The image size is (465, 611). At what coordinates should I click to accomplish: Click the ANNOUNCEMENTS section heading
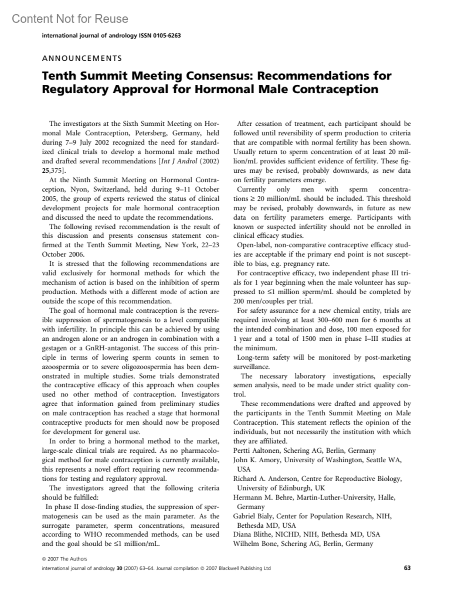pyautogui.click(x=82, y=58)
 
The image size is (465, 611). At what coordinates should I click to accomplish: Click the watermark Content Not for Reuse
pyautogui.click(x=70, y=19)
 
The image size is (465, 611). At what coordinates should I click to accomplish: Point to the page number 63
pyautogui.click(x=407, y=568)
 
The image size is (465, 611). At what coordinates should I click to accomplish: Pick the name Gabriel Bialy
pyautogui.click(x=253, y=516)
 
